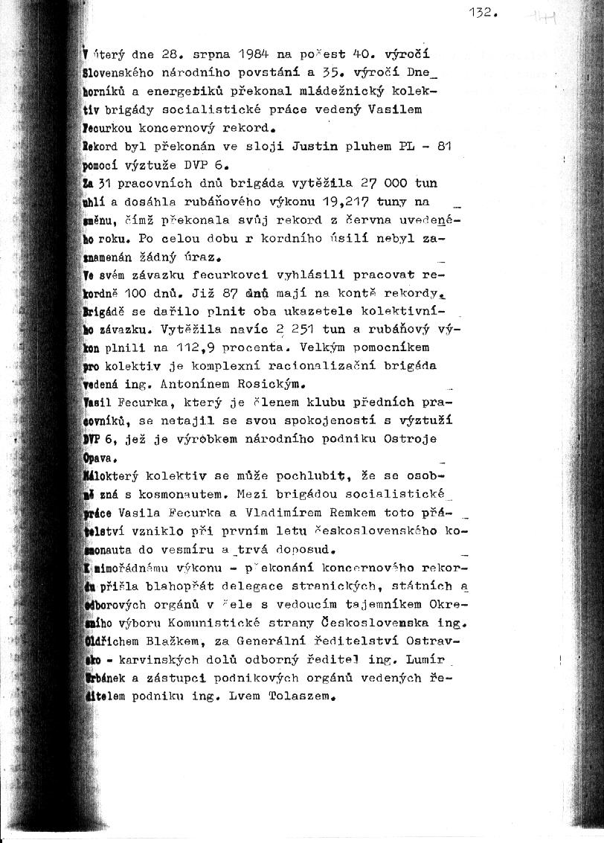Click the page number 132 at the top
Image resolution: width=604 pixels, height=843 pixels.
481,13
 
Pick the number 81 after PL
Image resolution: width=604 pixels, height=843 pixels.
444,147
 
